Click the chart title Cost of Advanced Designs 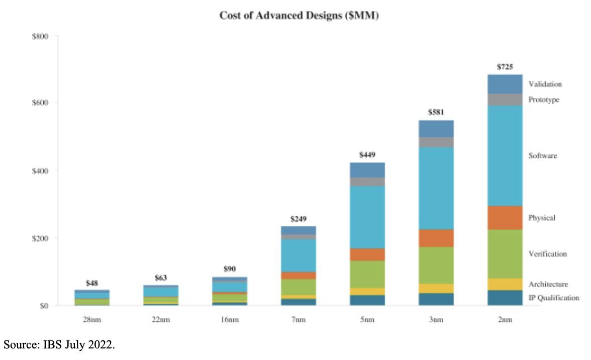[x=299, y=16]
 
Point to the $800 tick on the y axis [x=41, y=36]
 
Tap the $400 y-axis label [x=41, y=170]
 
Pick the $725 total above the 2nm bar [x=505, y=66]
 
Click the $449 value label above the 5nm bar [x=367, y=154]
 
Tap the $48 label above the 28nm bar [x=92, y=283]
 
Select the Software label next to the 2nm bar [x=542, y=156]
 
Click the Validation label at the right [x=545, y=84]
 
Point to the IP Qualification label [x=553, y=298]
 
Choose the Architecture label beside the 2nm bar [x=548, y=284]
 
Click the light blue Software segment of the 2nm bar [x=505, y=155]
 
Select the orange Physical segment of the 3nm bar [x=436, y=238]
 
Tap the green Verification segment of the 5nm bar [x=367, y=274]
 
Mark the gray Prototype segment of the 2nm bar [x=505, y=100]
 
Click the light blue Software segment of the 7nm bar [x=299, y=255]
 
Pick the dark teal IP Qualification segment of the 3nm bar [x=436, y=299]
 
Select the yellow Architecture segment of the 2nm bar [x=505, y=284]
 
